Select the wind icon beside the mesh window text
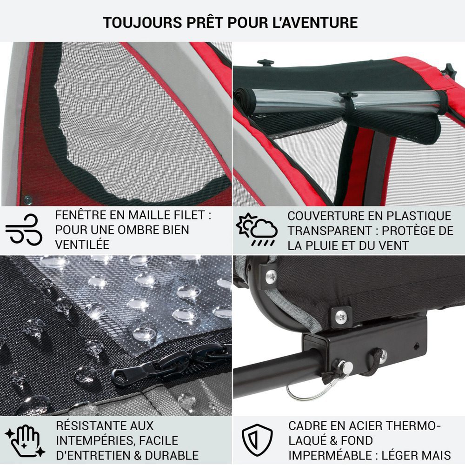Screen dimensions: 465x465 tap(24, 229)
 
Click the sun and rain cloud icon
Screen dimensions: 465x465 tap(256, 229)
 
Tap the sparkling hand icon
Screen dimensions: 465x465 tap(25, 441)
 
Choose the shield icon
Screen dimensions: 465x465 tap(257, 440)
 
